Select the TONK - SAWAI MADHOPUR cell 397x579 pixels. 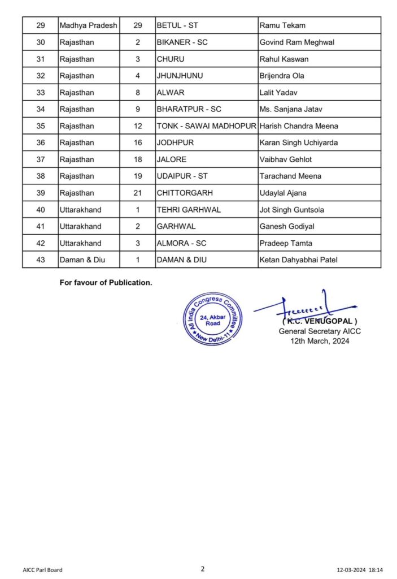tap(206, 126)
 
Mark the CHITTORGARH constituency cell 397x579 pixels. tap(185, 193)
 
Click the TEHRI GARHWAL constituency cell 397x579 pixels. tap(189, 210)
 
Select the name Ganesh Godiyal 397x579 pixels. tap(286, 226)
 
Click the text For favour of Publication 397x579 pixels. tap(106, 282)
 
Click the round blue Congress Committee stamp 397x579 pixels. tap(212, 319)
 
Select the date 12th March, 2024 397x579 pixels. tap(320, 341)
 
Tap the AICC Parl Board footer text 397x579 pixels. tap(42, 570)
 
